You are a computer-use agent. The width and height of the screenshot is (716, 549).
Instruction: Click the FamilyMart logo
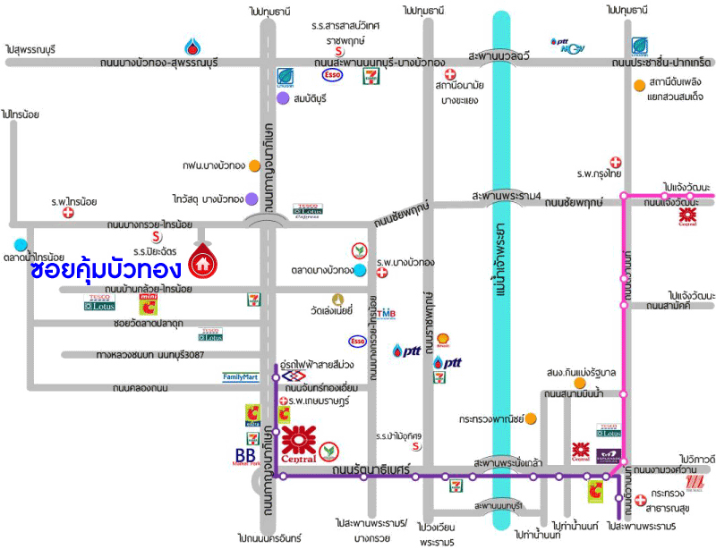point(240,377)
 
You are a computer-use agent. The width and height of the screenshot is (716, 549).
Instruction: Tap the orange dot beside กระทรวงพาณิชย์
point(531,418)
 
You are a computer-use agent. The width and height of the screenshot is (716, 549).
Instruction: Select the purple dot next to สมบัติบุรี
point(283,97)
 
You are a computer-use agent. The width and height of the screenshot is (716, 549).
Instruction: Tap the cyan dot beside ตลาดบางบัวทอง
point(359,270)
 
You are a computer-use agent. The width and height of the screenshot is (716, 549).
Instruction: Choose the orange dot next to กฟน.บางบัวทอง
point(255,165)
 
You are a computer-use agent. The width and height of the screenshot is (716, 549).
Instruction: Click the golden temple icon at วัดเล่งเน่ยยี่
point(337,300)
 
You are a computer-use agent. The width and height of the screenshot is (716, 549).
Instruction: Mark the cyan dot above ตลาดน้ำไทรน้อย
point(21,244)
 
